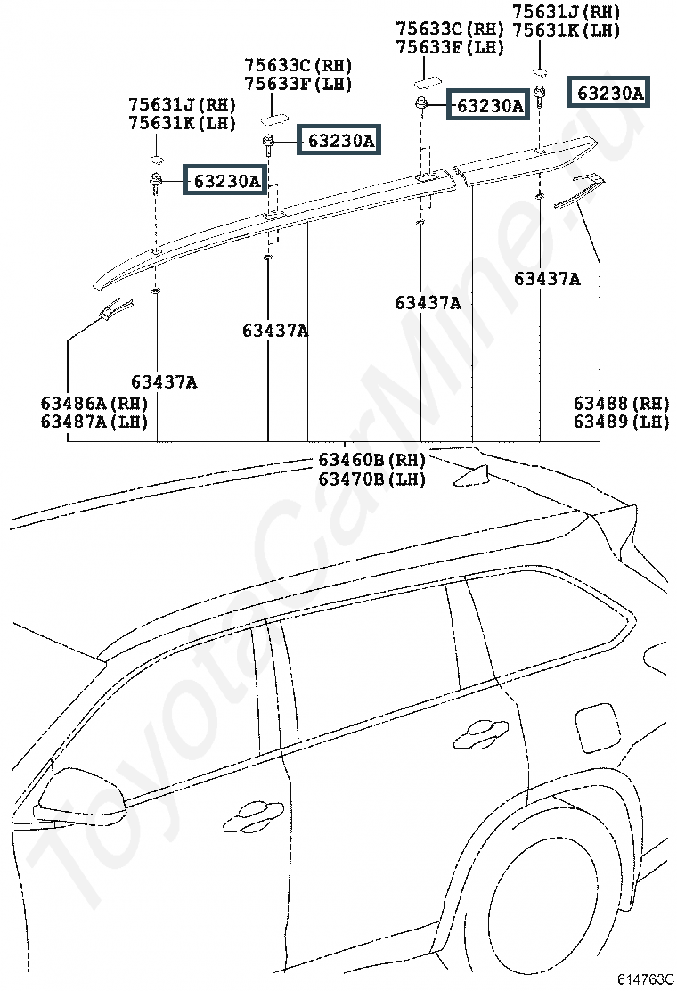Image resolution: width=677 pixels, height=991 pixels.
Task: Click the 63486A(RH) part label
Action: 94,403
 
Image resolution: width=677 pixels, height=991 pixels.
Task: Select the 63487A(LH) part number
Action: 94,422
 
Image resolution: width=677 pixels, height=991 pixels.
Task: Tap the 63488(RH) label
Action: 620,403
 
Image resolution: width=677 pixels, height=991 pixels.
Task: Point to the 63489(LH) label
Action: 620,422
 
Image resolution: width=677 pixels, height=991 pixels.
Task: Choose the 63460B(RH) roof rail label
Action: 371,460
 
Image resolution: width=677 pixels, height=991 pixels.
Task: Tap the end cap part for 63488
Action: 579,191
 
